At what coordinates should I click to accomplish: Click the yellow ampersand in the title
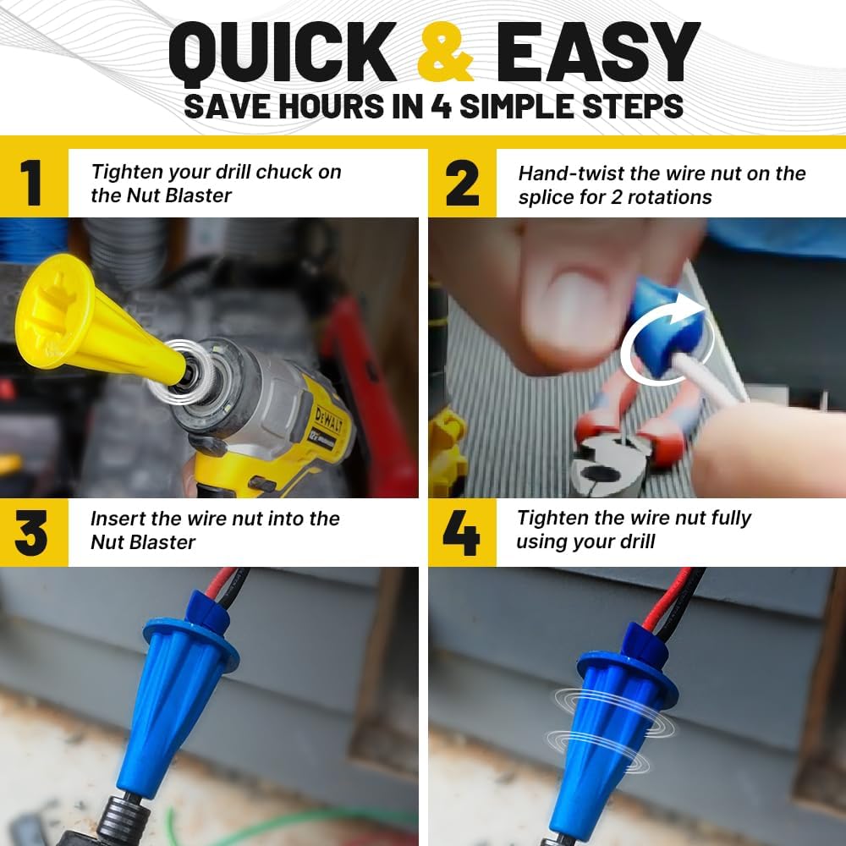coord(446,52)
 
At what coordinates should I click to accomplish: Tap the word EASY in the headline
coord(598,52)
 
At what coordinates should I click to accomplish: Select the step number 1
coord(31,183)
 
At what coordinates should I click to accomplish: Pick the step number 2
coord(463,184)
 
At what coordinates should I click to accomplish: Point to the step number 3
coord(31,533)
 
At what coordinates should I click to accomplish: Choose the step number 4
coord(461,533)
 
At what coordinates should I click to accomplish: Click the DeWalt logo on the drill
coord(327,420)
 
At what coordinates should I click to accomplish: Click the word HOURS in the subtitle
coord(332,107)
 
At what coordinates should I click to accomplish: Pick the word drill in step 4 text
coord(638,541)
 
